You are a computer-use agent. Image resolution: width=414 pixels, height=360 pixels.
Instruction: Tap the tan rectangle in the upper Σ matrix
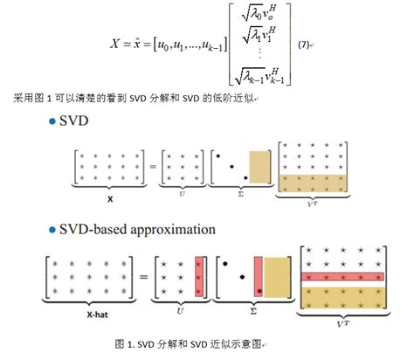pyautogui.click(x=260, y=166)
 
